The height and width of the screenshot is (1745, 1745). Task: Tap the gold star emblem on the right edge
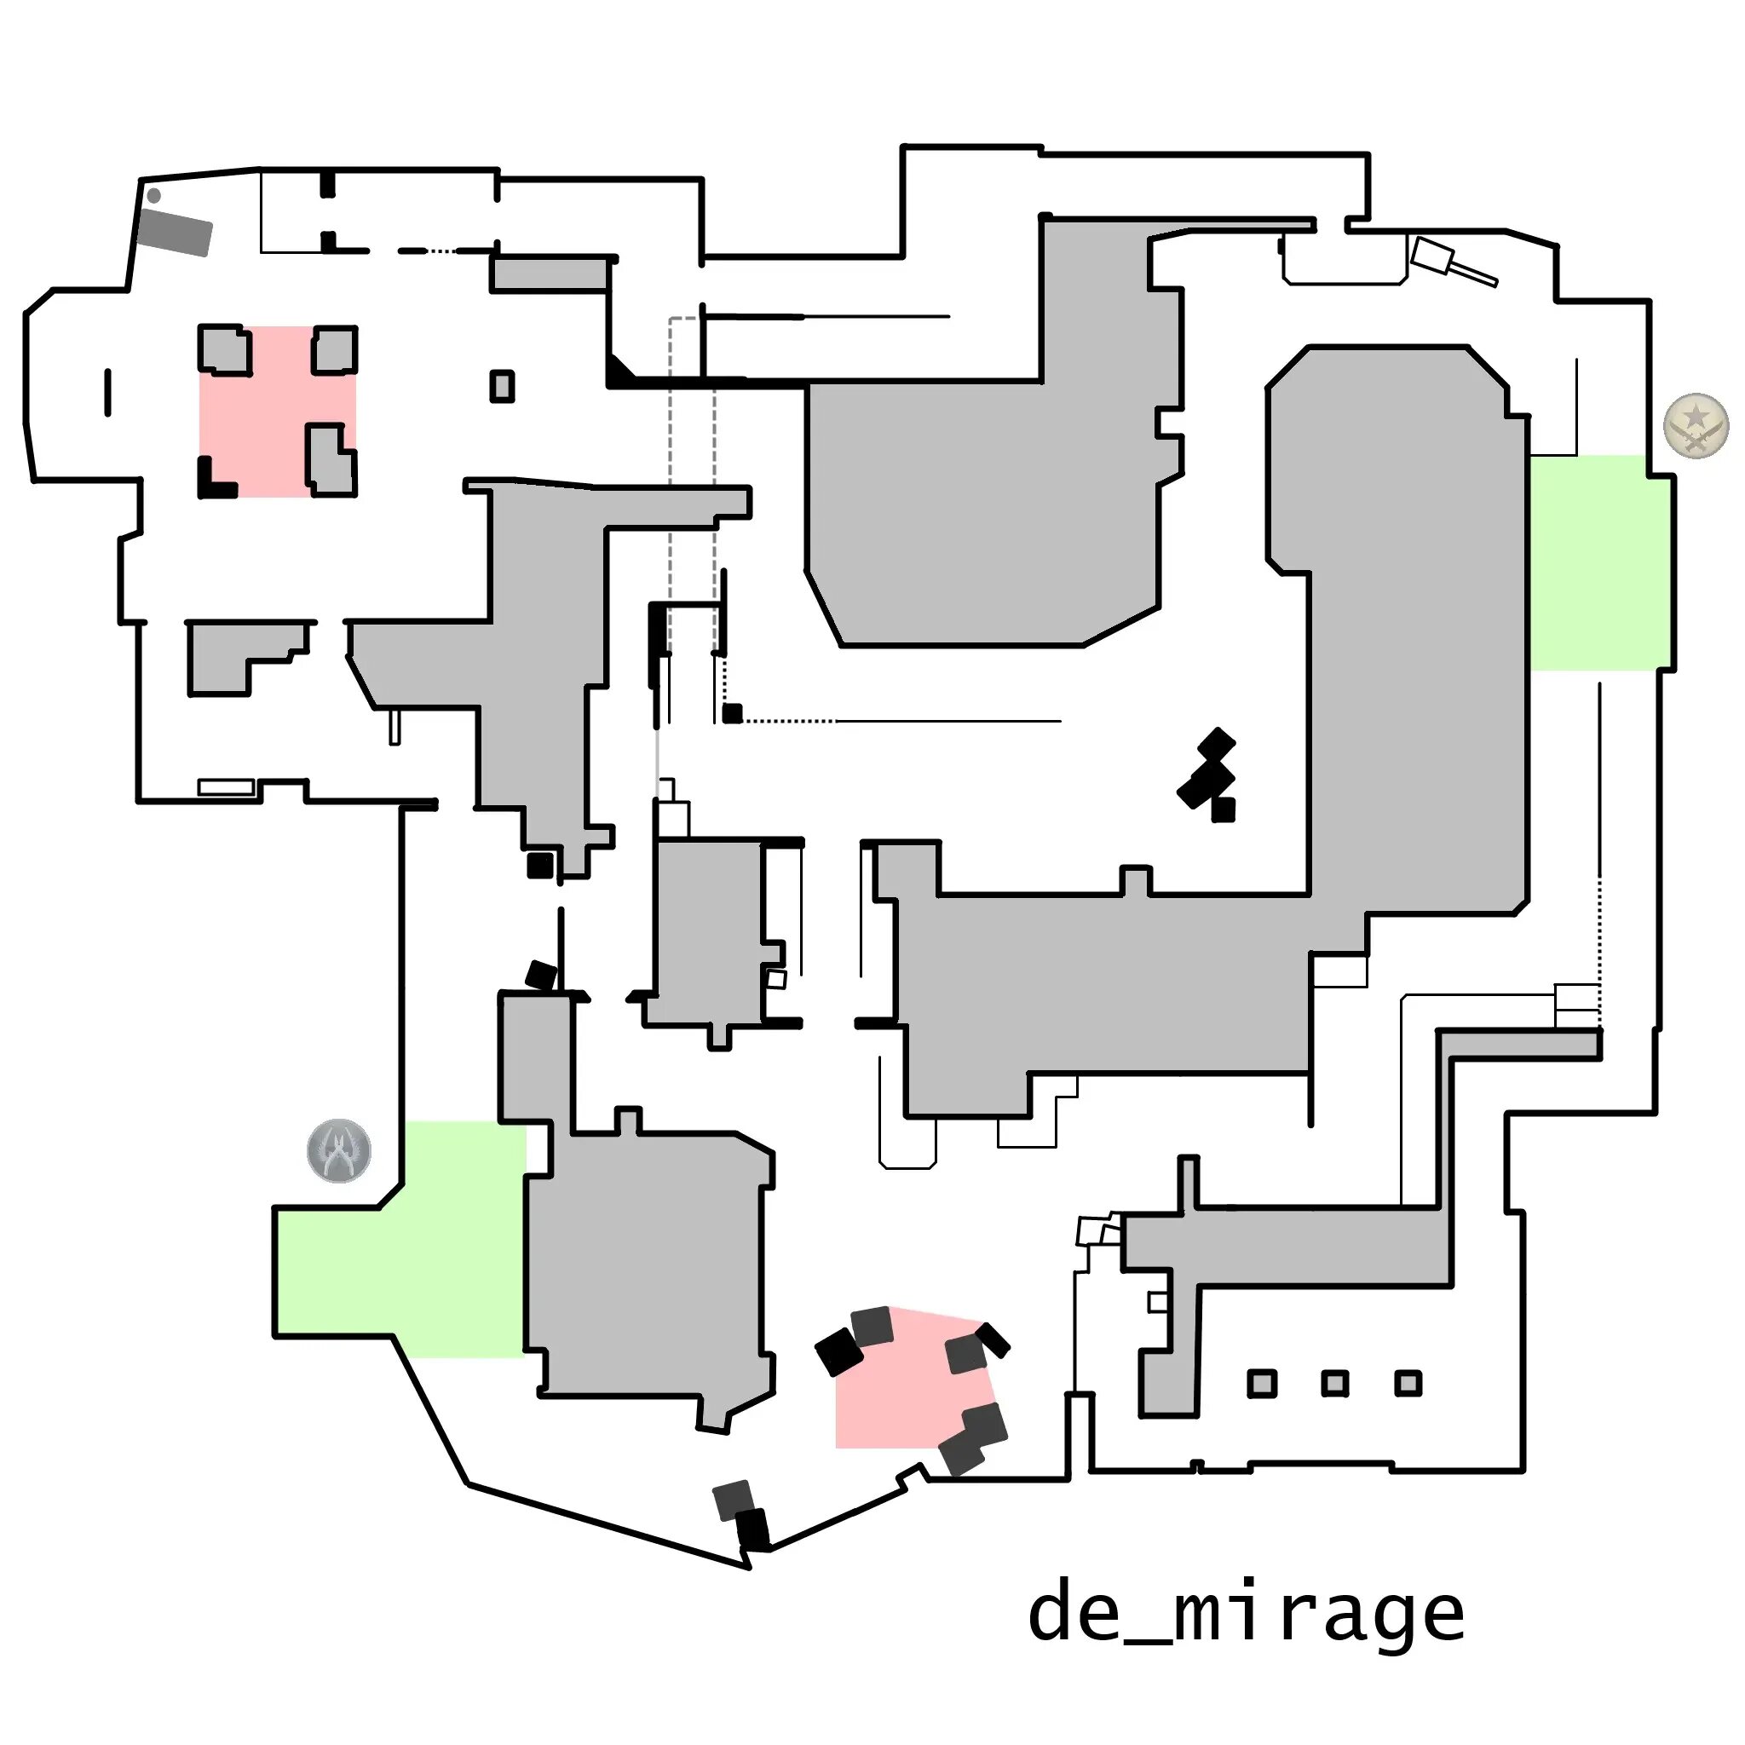click(x=1696, y=425)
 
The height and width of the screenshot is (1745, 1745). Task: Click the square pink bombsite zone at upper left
click(x=276, y=411)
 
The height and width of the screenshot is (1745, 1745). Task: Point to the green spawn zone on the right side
click(x=1598, y=562)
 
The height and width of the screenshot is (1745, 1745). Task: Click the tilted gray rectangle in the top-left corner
click(x=176, y=232)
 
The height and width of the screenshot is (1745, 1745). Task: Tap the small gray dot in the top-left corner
click(x=153, y=195)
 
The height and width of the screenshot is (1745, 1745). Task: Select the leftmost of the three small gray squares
click(x=1262, y=1383)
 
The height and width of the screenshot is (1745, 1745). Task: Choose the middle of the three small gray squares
click(x=1335, y=1383)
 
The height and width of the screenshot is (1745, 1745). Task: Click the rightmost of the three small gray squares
click(x=1408, y=1383)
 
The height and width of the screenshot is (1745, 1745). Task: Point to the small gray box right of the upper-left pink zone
click(x=502, y=387)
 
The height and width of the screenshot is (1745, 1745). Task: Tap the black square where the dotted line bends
click(x=733, y=713)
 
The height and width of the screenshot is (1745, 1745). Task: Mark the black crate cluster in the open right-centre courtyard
click(x=1208, y=775)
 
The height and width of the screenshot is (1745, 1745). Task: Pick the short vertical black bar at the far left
click(x=108, y=393)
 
